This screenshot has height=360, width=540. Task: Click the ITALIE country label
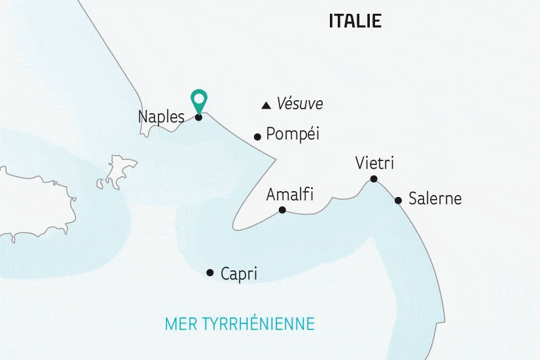coord(355,21)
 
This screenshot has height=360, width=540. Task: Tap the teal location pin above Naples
coord(198,100)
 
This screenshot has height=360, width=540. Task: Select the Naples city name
coord(161,117)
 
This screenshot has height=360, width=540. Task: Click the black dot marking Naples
coord(198,118)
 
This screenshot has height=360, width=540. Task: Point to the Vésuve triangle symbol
coord(266,105)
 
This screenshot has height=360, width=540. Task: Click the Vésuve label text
coord(300,103)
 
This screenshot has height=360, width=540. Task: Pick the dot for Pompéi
coord(257,137)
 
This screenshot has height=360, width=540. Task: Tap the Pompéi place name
coord(293,135)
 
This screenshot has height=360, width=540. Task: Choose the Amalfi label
coord(290,194)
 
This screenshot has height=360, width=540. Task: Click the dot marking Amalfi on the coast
coord(282,210)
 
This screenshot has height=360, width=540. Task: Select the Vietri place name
coord(375,162)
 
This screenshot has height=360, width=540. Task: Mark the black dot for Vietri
coord(373,179)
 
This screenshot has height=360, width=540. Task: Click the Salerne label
coord(435,198)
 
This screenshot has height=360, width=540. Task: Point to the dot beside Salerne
coord(398,200)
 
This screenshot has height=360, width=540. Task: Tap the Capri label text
coord(239,274)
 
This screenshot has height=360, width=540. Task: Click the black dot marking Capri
coord(209,272)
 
